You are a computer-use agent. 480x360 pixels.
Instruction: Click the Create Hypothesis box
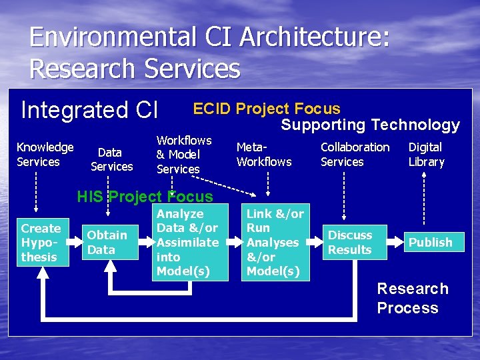(41, 243)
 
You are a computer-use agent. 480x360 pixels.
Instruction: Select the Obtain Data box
(107, 242)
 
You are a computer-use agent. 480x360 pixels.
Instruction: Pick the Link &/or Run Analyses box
(275, 243)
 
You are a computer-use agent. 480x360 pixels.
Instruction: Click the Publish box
(430, 243)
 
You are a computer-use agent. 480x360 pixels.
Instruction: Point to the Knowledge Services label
(45, 154)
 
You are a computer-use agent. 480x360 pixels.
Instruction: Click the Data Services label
(111, 160)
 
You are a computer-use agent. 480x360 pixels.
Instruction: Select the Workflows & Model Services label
(183, 155)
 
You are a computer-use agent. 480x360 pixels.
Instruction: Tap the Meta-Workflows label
(264, 154)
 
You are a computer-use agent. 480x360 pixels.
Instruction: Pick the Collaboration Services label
(355, 154)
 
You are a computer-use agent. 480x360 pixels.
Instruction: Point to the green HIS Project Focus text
(145, 197)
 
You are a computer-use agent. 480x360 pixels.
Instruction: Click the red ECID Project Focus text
(267, 109)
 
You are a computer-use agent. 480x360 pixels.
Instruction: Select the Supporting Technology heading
(370, 125)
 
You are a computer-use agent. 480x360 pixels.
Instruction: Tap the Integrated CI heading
(89, 110)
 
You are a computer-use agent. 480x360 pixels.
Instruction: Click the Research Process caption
(412, 298)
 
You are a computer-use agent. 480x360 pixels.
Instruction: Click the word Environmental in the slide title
(123, 37)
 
